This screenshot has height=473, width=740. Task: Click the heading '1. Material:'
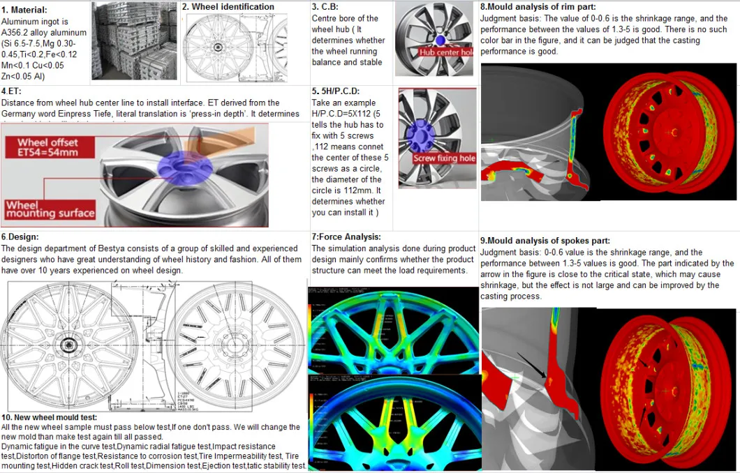[x=25, y=10]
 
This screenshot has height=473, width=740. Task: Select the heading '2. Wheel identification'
[x=228, y=7]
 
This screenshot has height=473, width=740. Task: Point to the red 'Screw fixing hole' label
[x=444, y=158]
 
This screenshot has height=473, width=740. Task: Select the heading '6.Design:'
[x=20, y=237]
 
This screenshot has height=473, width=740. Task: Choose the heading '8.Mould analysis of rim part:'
[x=536, y=7]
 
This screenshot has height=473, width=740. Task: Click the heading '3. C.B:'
[x=325, y=7]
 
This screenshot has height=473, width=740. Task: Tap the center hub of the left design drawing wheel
[x=69, y=345]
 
